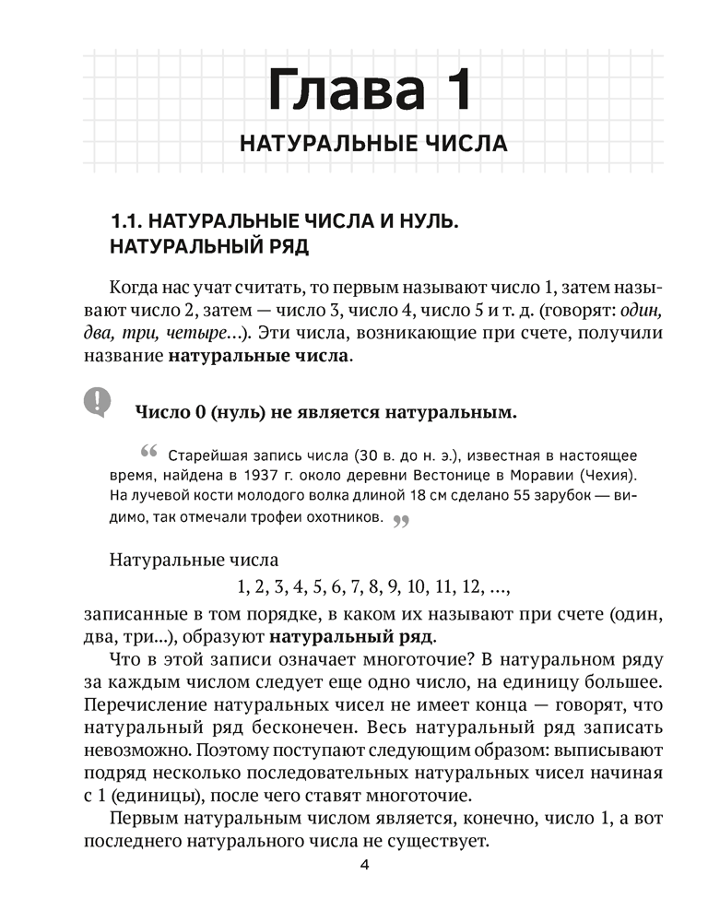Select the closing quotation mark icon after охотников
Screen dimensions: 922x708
point(400,521)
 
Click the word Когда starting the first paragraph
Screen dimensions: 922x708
point(135,287)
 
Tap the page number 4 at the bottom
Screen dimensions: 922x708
point(365,866)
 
